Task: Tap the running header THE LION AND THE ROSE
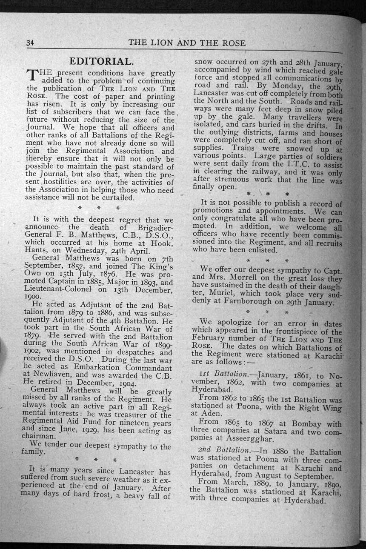tap(187, 43)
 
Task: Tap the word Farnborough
tap(245, 303)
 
